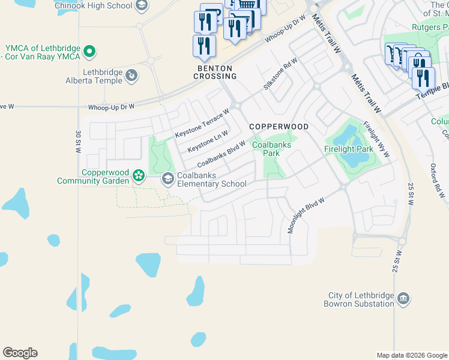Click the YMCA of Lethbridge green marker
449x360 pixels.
pyautogui.click(x=89, y=52)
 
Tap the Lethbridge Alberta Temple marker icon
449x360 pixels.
pyautogui.click(x=131, y=76)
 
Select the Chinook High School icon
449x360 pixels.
pyautogui.click(x=142, y=6)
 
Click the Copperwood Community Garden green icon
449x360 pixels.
pyautogui.click(x=139, y=176)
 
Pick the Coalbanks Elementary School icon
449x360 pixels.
pyautogui.click(x=167, y=179)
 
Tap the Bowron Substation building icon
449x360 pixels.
pyautogui.click(x=403, y=299)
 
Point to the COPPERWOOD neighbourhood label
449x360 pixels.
pyautogui.click(x=279, y=127)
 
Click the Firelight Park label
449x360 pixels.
pyautogui.click(x=349, y=148)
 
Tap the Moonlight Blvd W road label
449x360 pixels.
pyautogui.click(x=306, y=215)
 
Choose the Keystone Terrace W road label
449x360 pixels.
pyautogui.click(x=202, y=123)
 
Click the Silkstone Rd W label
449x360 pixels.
pyautogui.click(x=280, y=74)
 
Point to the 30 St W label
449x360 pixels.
pyautogui.click(x=78, y=142)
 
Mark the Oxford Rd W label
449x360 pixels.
pyautogui.click(x=438, y=181)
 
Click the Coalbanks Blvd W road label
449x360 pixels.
pyautogui.click(x=221, y=154)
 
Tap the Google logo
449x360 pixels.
pyautogui.click(x=20, y=353)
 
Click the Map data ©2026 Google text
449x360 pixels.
pyautogui.click(x=411, y=355)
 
